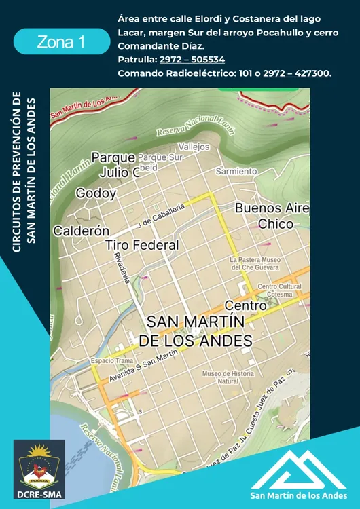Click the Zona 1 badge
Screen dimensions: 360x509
61,41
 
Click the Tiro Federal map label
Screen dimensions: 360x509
142,245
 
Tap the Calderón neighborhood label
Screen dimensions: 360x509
82,231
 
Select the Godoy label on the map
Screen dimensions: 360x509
96,193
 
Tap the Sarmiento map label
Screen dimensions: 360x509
236,172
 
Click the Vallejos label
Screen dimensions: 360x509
194,147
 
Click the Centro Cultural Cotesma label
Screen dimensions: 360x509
279,290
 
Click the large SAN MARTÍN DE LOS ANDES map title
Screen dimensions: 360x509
199,330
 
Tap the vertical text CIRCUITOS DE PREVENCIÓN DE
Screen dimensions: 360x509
17,172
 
